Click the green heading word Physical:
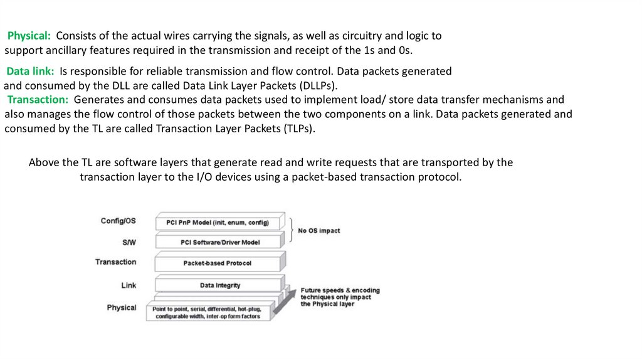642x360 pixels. [x=29, y=36]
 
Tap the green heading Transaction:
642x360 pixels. [x=38, y=100]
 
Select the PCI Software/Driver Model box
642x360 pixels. [x=219, y=242]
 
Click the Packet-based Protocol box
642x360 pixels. [x=217, y=263]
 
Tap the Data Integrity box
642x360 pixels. [x=219, y=285]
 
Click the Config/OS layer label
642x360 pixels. [x=118, y=221]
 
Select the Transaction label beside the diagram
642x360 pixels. [x=115, y=262]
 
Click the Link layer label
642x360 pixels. [x=129, y=285]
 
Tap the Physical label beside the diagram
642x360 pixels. [x=121, y=307]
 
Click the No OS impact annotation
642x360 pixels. [x=318, y=231]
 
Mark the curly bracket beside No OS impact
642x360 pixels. [x=291, y=230]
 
